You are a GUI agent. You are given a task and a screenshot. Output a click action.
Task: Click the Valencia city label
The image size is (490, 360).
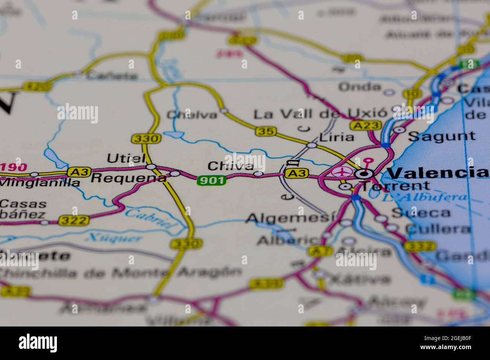click(437, 173)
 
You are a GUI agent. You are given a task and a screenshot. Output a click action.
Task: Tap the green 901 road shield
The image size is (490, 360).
click(211, 181)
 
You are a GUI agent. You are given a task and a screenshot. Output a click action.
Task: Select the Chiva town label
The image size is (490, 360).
click(230, 166)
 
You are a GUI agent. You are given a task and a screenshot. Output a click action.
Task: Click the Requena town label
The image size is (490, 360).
click(128, 177)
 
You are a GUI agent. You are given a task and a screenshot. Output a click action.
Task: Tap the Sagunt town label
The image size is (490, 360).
click(442, 136)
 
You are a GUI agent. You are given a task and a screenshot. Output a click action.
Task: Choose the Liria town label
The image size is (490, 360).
click(336, 137)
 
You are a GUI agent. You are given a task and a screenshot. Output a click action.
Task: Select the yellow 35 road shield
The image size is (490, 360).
click(266, 131)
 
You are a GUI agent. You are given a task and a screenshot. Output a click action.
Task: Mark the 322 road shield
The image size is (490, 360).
click(74, 220)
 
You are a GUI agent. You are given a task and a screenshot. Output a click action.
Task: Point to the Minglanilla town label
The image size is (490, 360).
click(40, 183)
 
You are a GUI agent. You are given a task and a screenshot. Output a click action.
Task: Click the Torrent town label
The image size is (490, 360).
click(395, 186)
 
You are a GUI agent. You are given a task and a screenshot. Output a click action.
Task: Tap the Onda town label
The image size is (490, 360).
click(360, 87)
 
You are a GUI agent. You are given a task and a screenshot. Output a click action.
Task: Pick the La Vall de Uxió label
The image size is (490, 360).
click(320, 114)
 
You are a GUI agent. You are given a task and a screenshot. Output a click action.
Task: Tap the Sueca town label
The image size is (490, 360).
click(421, 213)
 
